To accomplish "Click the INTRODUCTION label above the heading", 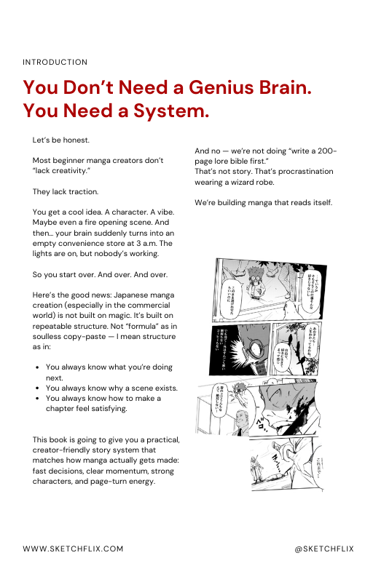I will point(55,63).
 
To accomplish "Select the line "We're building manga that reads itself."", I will point(263,202).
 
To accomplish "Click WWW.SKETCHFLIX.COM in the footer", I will point(73,549).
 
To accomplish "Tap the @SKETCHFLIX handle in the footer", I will point(324,549).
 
